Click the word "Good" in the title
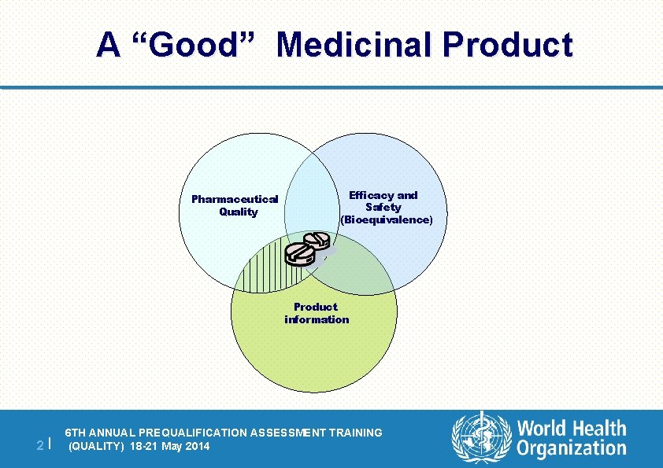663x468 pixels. [x=191, y=45]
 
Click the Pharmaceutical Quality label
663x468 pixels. [x=235, y=205]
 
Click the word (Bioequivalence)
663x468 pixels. [x=387, y=220]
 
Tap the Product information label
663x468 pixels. [x=316, y=313]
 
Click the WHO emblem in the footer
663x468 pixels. [x=481, y=438]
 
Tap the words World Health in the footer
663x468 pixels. [x=572, y=429]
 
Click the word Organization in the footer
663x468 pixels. [x=572, y=449]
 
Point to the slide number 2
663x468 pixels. [x=40, y=446]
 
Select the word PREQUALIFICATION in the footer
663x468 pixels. [x=197, y=433]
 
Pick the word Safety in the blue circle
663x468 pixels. [x=383, y=208]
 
